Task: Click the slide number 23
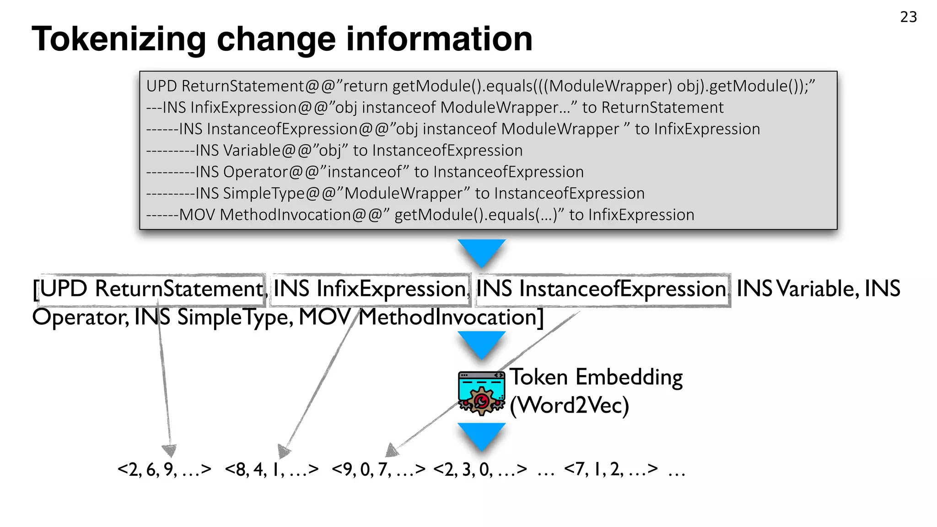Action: pyautogui.click(x=908, y=17)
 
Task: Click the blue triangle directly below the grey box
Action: pyautogui.click(x=481, y=251)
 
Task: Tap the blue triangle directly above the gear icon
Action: pyautogui.click(x=481, y=343)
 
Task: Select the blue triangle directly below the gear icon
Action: pyautogui.click(x=481, y=435)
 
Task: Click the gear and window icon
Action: pyautogui.click(x=481, y=393)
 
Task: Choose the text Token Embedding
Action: pyautogui.click(x=596, y=377)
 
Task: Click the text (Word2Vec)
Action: pyautogui.click(x=570, y=405)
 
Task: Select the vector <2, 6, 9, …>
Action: pyautogui.click(x=164, y=469)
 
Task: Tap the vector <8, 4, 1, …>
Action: pyautogui.click(x=272, y=469)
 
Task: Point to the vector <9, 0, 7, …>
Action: pyautogui.click(x=379, y=469)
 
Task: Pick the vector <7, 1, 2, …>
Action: pyautogui.click(x=611, y=469)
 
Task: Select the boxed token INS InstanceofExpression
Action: pyautogui.click(x=601, y=289)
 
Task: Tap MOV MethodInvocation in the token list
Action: pyautogui.click(x=421, y=317)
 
